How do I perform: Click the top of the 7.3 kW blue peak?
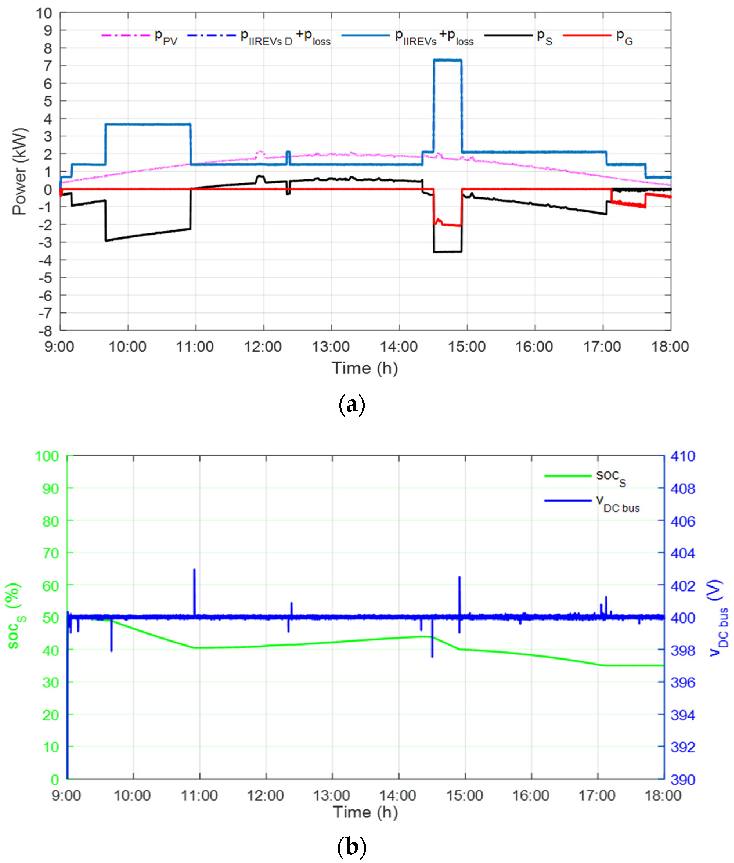point(447,61)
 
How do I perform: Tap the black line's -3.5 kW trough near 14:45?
point(447,251)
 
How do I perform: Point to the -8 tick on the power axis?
point(46,331)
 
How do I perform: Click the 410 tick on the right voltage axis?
point(682,457)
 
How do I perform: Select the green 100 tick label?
point(47,457)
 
